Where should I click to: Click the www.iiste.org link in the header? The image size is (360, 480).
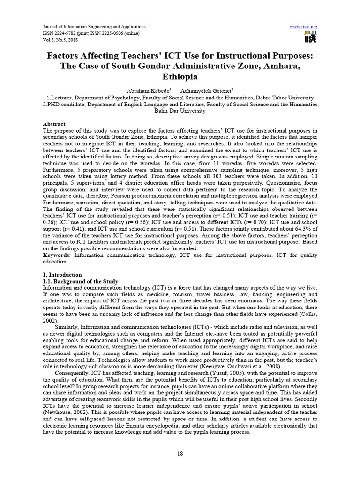pyautogui.click(x=304, y=27)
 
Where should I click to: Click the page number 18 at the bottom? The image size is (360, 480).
pyautogui.click(x=180, y=453)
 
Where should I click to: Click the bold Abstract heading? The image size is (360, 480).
pyautogui.click(x=54, y=123)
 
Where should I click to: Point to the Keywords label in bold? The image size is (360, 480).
pyautogui.click(x=55, y=255)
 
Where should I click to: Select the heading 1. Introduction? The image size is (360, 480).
pyautogui.click(x=62, y=274)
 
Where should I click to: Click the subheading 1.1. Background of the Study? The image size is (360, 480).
pyautogui.click(x=81, y=281)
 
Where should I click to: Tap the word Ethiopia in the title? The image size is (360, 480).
pyautogui.click(x=180, y=76)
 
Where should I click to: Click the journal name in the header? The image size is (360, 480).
pyautogui.click(x=94, y=27)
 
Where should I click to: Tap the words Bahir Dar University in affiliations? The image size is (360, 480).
pyautogui.click(x=180, y=111)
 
